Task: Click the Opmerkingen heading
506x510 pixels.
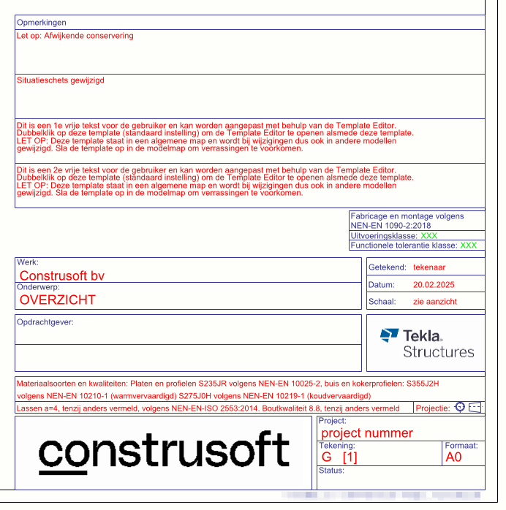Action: (x=42, y=23)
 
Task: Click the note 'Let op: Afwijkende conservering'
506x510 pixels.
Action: (x=75, y=35)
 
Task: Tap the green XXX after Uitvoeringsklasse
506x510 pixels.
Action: (x=429, y=236)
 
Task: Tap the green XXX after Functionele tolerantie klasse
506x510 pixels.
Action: (x=469, y=246)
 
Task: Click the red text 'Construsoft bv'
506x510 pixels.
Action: (x=62, y=275)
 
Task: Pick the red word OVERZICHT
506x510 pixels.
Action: (x=58, y=300)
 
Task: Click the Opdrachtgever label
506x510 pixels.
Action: (x=46, y=321)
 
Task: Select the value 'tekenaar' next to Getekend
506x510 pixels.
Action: (x=429, y=267)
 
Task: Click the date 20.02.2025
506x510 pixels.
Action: (x=434, y=285)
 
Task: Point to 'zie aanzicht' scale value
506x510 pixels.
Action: (x=435, y=301)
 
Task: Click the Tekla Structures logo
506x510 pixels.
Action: (x=426, y=343)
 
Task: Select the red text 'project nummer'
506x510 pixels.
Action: (x=367, y=433)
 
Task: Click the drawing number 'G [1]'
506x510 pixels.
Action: (x=339, y=457)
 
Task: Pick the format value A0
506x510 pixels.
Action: (x=454, y=457)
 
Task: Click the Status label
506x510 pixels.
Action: (x=332, y=471)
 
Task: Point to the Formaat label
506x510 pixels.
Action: (x=461, y=445)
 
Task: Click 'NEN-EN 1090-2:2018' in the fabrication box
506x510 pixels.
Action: (x=390, y=226)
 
